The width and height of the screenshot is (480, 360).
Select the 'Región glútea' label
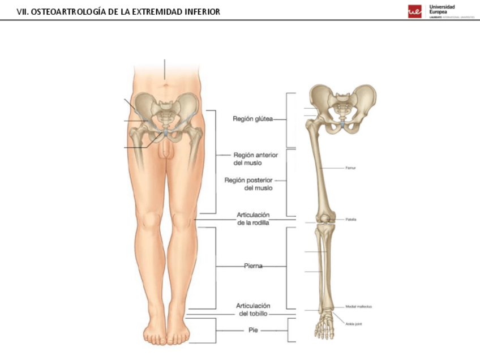point(252,119)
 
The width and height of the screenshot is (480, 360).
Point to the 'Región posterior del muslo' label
point(248,184)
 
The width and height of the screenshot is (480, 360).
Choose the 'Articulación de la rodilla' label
point(252,218)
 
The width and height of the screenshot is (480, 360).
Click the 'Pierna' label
point(253,265)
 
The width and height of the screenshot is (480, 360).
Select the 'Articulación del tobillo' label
point(252,309)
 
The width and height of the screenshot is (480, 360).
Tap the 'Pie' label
point(254,329)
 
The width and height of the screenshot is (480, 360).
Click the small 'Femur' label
point(350,168)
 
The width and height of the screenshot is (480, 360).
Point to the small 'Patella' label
point(351,219)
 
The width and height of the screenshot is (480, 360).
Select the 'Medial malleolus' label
point(358,306)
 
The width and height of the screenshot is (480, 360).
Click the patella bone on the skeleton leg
point(323,218)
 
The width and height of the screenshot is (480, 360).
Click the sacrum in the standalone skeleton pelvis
point(341,108)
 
